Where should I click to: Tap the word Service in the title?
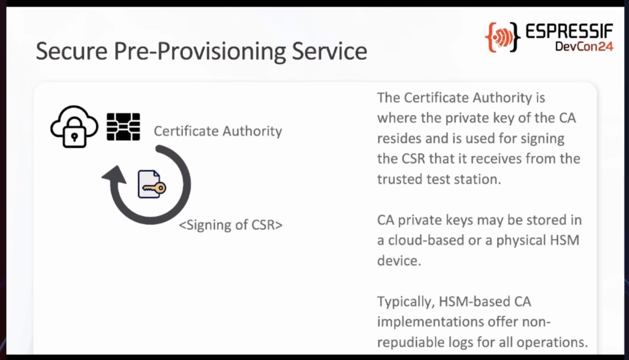[329, 52]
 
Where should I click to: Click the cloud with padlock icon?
[74, 127]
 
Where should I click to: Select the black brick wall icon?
[123, 127]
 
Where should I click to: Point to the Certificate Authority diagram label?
[218, 131]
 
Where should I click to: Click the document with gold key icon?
[152, 184]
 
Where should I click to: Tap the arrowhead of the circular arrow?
[115, 175]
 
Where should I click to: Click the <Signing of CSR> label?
[231, 225]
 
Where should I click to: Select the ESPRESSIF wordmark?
[569, 32]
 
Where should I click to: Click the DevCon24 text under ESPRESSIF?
[584, 47]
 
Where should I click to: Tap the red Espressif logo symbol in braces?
[502, 37]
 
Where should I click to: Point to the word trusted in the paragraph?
[399, 179]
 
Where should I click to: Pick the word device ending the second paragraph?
[399, 260]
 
